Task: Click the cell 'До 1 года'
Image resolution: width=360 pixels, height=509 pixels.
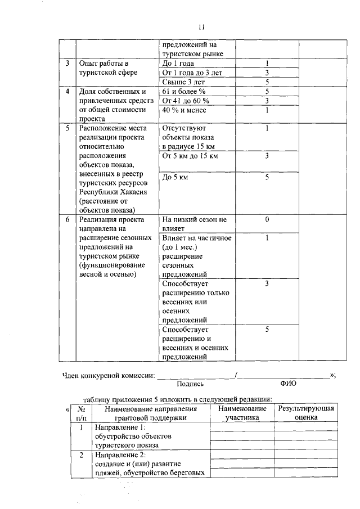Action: pos(178,64)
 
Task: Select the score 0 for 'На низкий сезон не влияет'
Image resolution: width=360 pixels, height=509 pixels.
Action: pos(267,219)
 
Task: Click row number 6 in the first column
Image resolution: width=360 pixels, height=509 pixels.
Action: pos(67,219)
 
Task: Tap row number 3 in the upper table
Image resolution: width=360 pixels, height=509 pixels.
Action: pos(67,64)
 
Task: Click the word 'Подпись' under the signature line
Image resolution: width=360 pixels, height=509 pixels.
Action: pos(190,384)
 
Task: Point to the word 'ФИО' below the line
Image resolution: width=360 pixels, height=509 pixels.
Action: pos(287,384)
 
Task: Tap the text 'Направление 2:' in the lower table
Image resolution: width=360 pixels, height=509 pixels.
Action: pos(120,454)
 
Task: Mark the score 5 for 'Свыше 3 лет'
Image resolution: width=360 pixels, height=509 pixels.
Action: pos(267,82)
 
